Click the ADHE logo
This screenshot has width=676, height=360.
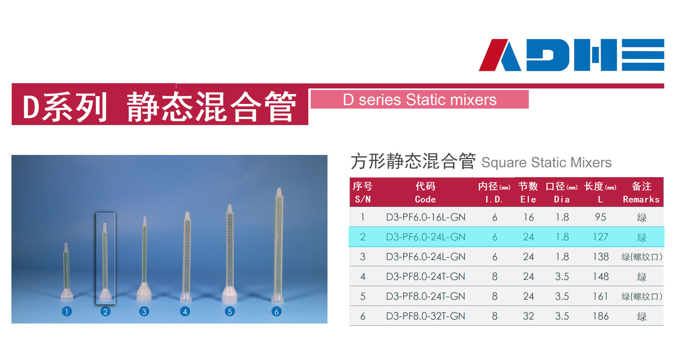571,55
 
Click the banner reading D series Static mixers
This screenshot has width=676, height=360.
420,99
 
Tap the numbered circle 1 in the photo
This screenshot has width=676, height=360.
67,311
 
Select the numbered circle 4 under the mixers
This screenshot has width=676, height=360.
185,311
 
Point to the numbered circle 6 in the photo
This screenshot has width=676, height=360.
276,311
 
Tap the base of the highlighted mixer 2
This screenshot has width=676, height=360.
105,295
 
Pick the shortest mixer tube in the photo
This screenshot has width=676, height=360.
66,272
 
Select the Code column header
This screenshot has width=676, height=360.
425,192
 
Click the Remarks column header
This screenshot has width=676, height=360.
641,192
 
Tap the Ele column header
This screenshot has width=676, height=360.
528,192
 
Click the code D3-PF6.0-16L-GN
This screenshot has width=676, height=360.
426,217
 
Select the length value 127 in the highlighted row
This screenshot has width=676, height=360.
601,237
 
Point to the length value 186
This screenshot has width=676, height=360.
601,316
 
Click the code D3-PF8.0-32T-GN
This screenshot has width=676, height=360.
426,316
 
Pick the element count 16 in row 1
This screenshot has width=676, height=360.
528,217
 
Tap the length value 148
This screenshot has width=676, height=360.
601,276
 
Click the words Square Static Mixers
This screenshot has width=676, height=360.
546,162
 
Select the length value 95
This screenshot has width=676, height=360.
601,217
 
